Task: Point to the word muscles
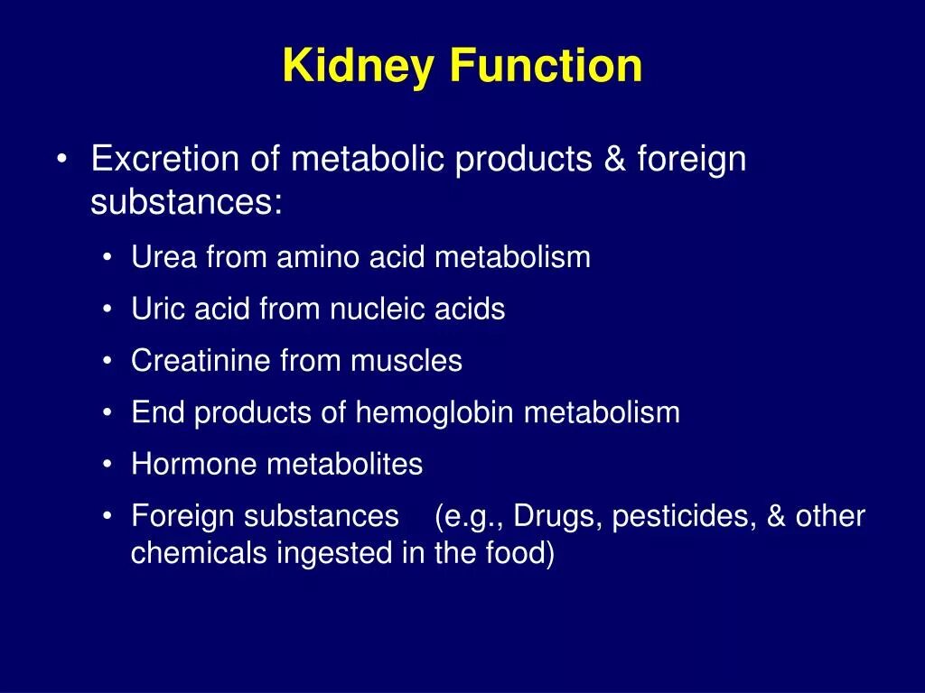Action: point(406,362)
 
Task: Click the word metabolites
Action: point(344,466)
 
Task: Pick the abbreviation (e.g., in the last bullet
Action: point(467,518)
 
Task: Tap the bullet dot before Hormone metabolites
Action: point(107,466)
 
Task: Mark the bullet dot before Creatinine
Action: point(107,362)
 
